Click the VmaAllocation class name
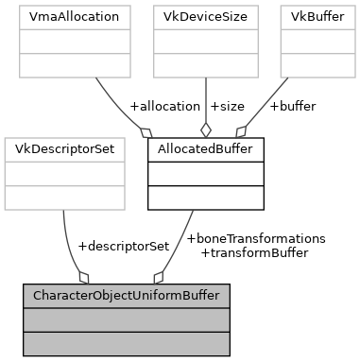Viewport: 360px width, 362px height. point(73,18)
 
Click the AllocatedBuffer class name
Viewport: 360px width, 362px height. point(205,150)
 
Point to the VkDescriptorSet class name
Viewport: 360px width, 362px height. point(64,150)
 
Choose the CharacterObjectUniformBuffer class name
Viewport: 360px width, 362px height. point(127,296)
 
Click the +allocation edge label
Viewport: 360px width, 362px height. point(163,106)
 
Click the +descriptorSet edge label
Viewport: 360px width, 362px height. point(123,246)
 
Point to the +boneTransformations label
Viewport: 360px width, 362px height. point(256,238)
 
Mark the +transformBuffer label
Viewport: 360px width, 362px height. point(254,252)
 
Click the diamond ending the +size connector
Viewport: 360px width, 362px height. point(205,131)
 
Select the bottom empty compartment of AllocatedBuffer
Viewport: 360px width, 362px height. point(205,197)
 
